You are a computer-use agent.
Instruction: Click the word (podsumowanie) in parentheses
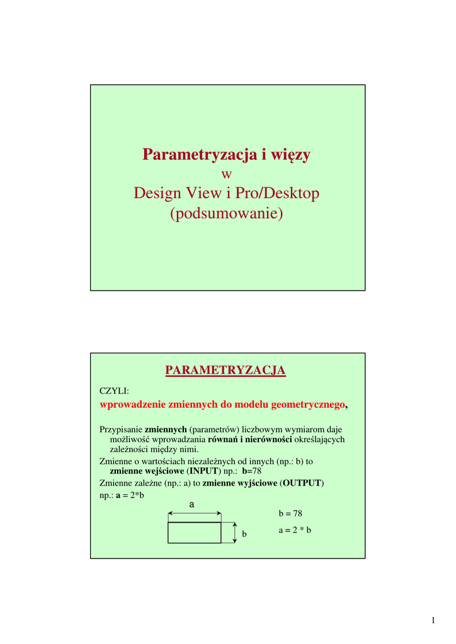(x=227, y=214)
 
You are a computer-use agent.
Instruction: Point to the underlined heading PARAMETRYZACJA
(x=225, y=371)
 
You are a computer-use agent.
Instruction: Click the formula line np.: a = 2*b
(x=122, y=495)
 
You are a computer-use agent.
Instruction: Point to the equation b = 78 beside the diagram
(x=290, y=514)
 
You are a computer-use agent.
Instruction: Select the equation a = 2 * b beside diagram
(x=295, y=530)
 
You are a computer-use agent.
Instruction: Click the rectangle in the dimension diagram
(x=194, y=533)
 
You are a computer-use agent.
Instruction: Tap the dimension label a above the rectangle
(x=192, y=504)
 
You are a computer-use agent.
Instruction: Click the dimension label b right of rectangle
(x=244, y=534)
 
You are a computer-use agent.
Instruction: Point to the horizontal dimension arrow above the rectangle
(x=194, y=514)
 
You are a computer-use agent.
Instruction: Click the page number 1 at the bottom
(x=433, y=621)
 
